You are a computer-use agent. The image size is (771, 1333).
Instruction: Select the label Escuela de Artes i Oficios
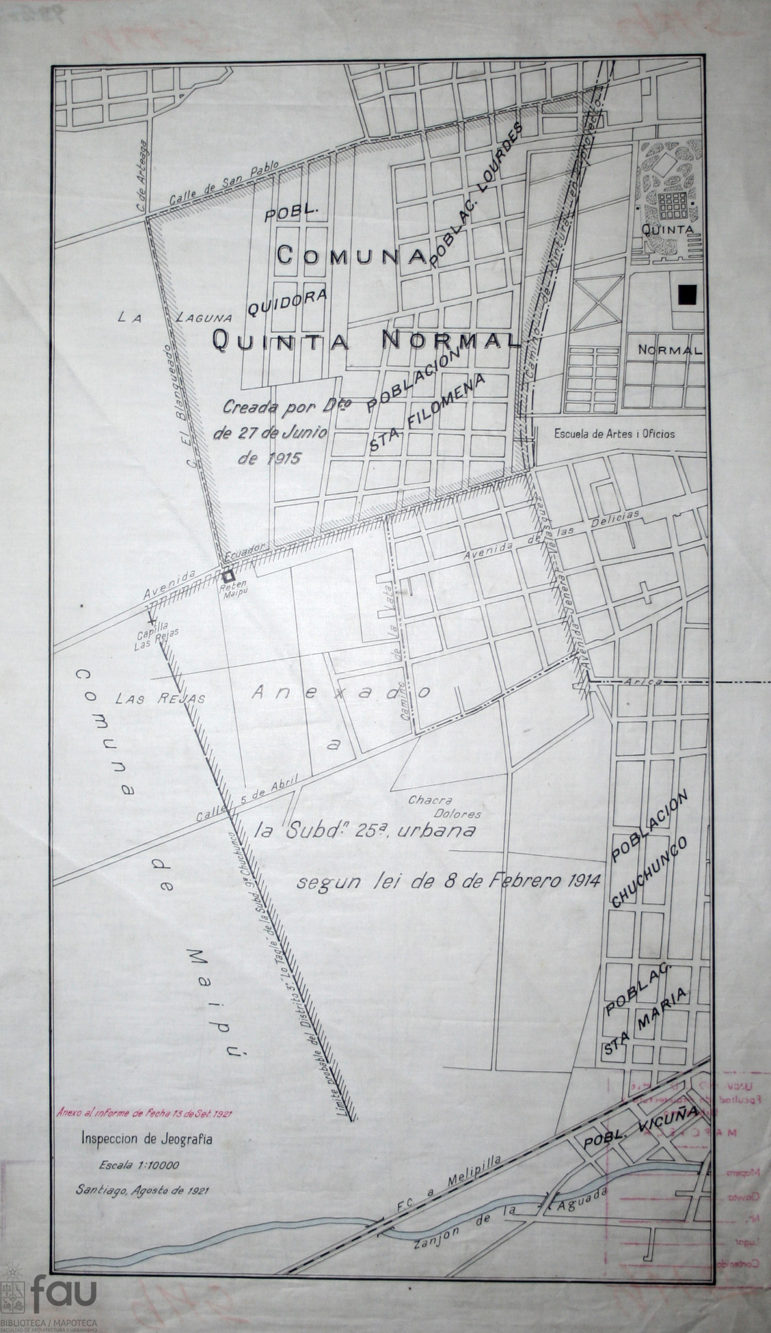(614, 434)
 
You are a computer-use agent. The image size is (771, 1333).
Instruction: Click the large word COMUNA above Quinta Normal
(352, 256)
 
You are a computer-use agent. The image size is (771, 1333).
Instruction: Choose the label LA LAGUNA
(175, 317)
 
